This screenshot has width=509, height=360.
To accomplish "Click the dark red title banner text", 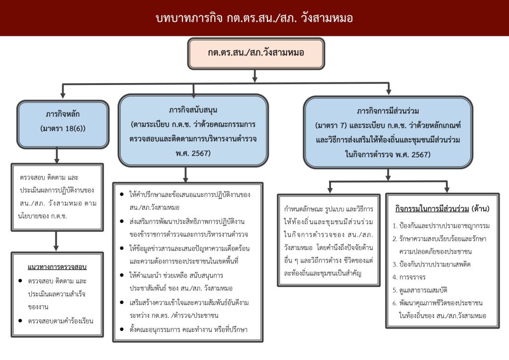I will [x=254, y=18].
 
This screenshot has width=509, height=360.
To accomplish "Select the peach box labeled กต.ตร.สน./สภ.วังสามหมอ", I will [x=255, y=53].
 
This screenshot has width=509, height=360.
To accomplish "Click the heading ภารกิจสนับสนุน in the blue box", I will [x=193, y=109].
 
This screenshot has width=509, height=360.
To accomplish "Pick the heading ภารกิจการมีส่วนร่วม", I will [x=388, y=109].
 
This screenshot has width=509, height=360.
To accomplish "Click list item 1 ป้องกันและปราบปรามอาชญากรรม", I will [x=441, y=226].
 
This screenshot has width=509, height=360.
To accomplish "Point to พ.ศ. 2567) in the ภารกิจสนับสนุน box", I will [x=193, y=153].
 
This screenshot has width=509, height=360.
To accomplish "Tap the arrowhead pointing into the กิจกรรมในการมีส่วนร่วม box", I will [x=447, y=188].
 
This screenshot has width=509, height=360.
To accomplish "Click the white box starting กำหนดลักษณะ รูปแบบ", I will [x=329, y=241].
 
